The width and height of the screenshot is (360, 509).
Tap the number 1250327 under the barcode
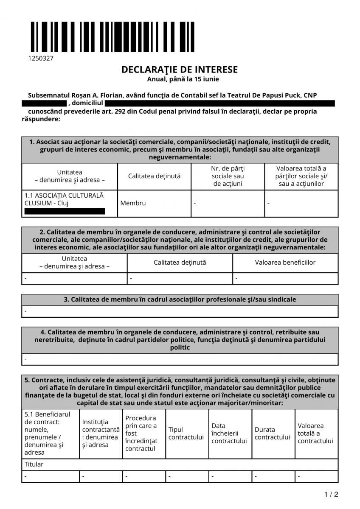[41, 58]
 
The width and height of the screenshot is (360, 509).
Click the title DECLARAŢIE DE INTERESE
[180, 70]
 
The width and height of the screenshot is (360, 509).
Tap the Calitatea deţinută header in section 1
[154, 176]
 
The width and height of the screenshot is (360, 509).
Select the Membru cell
[133, 203]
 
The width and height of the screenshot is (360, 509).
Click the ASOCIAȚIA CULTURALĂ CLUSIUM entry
[64, 199]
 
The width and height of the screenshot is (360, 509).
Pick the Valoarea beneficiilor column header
[285, 263]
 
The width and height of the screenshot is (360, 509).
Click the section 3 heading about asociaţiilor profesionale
[180, 299]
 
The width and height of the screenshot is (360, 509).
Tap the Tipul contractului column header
[186, 433]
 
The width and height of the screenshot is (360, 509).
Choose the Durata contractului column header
[272, 433]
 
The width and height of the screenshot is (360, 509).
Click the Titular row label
[34, 464]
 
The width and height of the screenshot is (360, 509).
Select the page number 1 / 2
[331, 495]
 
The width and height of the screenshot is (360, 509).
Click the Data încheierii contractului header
[229, 433]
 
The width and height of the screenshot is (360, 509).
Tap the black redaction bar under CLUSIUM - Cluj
[65, 211]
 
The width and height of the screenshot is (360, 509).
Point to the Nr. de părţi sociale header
[228, 176]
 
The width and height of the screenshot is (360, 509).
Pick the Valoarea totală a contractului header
[315, 433]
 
